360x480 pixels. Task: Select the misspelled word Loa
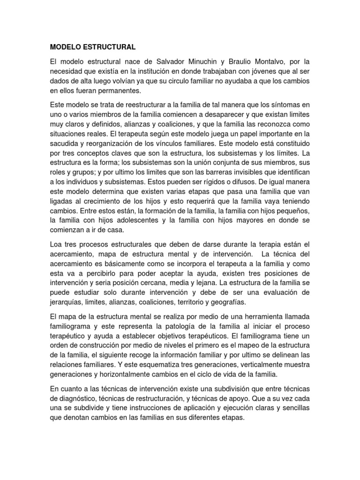pos(56,244)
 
